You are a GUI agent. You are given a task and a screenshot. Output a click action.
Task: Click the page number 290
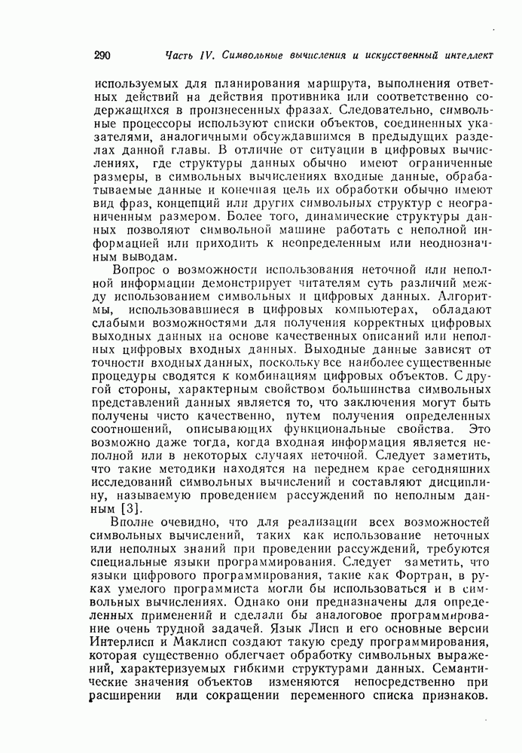104,55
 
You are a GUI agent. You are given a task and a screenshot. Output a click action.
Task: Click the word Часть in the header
181,55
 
